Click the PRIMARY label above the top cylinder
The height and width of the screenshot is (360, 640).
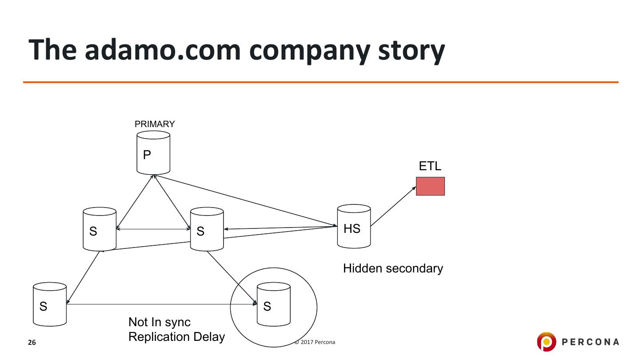click(155, 124)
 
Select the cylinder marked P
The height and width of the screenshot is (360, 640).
click(153, 152)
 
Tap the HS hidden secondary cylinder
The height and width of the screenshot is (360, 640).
click(354, 226)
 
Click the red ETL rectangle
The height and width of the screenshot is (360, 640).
click(430, 186)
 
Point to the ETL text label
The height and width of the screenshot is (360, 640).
click(430, 166)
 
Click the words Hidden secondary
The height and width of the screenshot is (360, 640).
click(393, 268)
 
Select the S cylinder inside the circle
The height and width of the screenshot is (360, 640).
click(274, 304)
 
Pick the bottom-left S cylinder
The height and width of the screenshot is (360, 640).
click(50, 304)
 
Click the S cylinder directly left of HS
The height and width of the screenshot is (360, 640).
click(207, 229)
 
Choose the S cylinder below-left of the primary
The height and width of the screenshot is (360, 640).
click(100, 229)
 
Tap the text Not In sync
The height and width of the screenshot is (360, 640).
click(160, 322)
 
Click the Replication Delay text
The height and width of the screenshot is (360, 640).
click(176, 337)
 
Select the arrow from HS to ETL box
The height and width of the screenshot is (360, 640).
click(393, 206)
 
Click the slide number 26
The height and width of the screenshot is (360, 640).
click(32, 343)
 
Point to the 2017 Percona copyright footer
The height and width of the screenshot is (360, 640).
click(315, 342)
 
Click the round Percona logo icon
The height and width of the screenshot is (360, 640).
click(546, 341)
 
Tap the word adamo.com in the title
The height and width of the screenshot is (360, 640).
click(163, 50)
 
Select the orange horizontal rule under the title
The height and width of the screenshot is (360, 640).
click(321, 82)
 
